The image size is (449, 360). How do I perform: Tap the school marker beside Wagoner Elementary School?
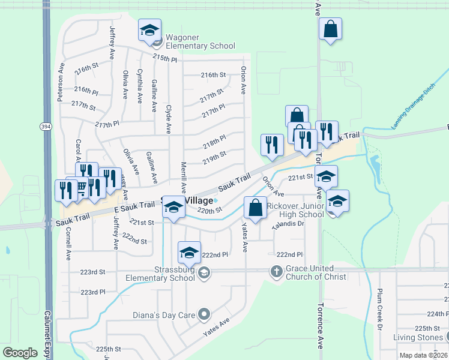pos(150,31)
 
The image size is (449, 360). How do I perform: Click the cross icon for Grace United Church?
pos(276,272)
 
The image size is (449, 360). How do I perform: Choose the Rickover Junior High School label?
pos(295,210)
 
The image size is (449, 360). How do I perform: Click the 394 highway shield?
pos(46,126)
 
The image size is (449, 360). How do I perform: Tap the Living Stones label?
pos(417,337)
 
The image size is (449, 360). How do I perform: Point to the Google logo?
pos(20,353)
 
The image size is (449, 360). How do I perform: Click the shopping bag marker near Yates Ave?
pos(255,209)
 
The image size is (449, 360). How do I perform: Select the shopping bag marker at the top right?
pos(330,29)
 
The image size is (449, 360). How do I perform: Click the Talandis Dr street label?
pos(288,224)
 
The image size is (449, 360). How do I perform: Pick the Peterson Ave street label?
pos(61,87)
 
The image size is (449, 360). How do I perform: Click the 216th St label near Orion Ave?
pos(213,76)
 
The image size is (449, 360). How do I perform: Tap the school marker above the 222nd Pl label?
pos(189,253)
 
